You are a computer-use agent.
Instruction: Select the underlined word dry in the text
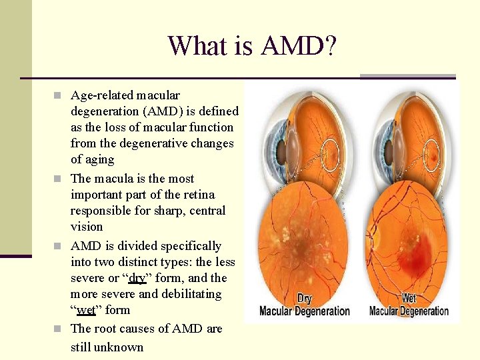coord(137,278)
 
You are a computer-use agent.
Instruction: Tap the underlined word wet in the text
coord(86,310)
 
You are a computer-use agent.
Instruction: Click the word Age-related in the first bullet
coord(102,95)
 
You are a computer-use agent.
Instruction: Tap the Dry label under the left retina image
coord(304,299)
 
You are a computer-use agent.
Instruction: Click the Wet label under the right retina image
coord(408,298)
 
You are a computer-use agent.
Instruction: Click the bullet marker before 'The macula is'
coord(60,179)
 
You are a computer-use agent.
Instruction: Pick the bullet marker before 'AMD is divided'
coord(60,246)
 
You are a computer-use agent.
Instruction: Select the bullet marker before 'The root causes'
coord(60,329)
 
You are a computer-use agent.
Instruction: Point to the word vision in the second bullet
coord(87,227)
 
